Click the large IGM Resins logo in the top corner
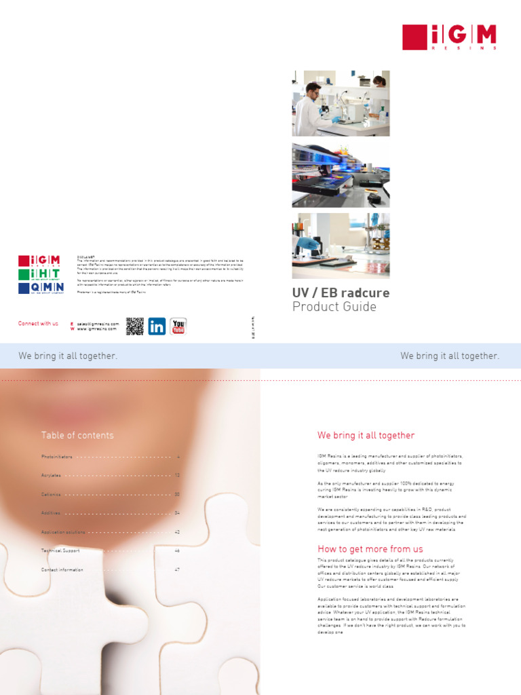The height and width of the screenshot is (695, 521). [x=449, y=37]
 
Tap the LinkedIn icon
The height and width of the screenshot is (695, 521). [x=157, y=326]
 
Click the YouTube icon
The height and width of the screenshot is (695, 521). [x=178, y=326]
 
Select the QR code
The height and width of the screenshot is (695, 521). [x=135, y=326]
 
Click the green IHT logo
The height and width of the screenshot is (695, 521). [x=39, y=274]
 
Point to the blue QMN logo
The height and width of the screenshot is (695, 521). [x=39, y=288]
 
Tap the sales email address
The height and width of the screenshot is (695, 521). [x=98, y=324]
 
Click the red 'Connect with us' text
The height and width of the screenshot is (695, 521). [x=38, y=324]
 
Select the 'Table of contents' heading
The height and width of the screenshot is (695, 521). [x=77, y=436]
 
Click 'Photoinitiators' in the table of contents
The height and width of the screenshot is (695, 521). [x=56, y=457]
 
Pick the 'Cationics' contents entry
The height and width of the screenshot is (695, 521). [x=51, y=495]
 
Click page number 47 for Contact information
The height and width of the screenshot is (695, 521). [x=177, y=570]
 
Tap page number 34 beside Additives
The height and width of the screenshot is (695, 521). [x=177, y=513]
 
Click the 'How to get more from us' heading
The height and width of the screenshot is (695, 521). [x=370, y=549]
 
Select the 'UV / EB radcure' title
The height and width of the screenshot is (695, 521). [x=341, y=293]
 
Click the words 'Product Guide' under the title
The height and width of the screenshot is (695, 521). [x=334, y=307]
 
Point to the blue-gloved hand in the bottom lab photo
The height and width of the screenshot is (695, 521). [x=309, y=242]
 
